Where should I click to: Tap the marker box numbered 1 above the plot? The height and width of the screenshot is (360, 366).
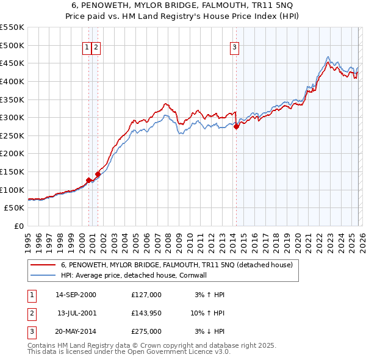[87, 47]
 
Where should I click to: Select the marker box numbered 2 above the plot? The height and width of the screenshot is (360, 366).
[96, 47]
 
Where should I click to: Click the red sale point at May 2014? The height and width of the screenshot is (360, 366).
[236, 127]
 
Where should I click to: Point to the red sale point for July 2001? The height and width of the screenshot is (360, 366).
[98, 174]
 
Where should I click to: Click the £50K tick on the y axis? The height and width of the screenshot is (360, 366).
[15, 208]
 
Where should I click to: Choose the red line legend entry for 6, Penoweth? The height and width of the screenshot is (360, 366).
[177, 265]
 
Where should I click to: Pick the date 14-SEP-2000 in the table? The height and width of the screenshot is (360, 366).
[76, 295]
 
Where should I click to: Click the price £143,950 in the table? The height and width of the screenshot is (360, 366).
[146, 313]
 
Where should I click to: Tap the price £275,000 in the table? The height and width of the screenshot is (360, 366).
[146, 331]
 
